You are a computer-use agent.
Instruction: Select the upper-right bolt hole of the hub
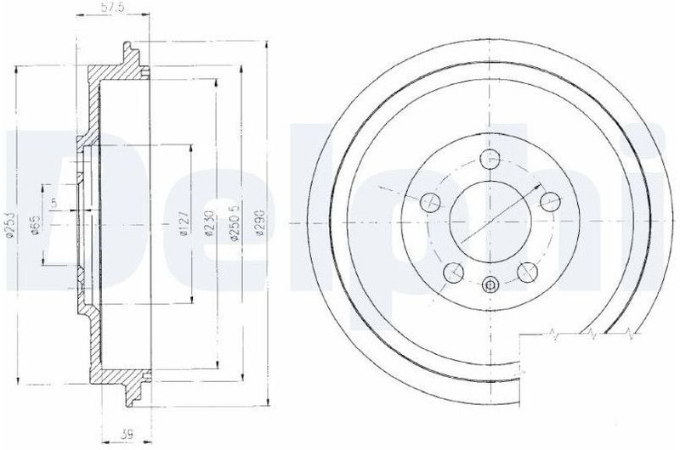click(x=550, y=201)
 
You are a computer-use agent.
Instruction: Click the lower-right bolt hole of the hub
click(x=527, y=272)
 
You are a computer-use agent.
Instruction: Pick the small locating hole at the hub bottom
click(x=490, y=284)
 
